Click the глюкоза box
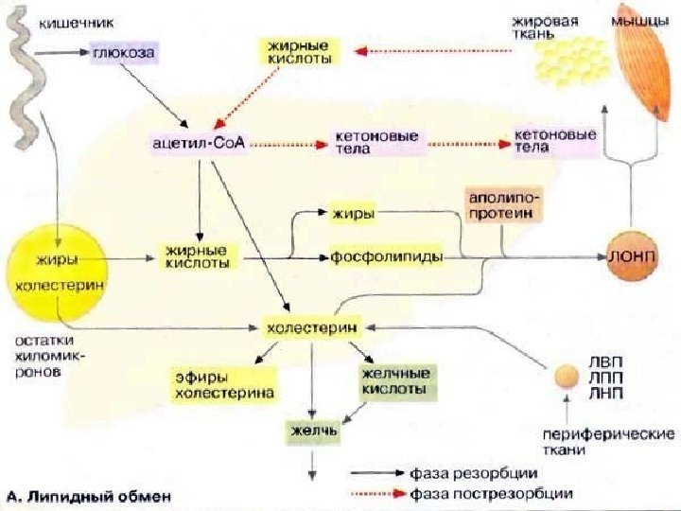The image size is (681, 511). [124, 54]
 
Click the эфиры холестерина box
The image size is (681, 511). [223, 385]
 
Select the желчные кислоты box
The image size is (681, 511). [396, 380]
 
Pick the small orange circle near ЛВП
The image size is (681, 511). [567, 377]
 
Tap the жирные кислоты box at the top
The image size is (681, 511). [301, 51]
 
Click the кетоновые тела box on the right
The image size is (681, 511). [554, 140]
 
